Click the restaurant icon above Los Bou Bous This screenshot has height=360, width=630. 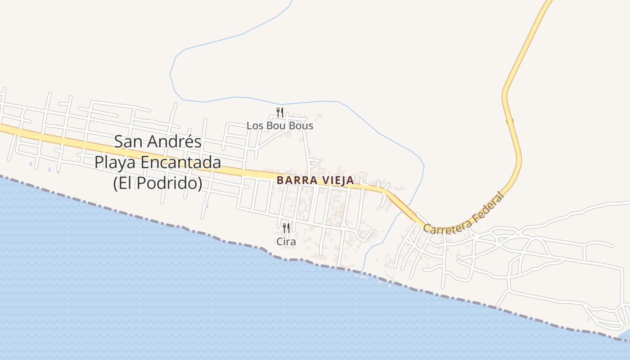pyautogui.click(x=279, y=112)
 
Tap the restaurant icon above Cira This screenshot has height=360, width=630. pyautogui.click(x=286, y=228)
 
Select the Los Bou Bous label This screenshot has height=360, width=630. pyautogui.click(x=279, y=126)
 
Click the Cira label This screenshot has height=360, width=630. pyautogui.click(x=286, y=242)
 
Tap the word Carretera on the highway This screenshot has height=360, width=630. pyautogui.click(x=446, y=227)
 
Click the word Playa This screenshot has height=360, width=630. pyautogui.click(x=116, y=162)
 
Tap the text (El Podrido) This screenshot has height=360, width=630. pyautogui.click(x=157, y=183)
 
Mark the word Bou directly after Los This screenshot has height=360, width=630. pyautogui.click(x=276, y=126)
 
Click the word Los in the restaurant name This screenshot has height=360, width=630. pyautogui.click(x=255, y=126)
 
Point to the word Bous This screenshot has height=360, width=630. pyautogui.click(x=301, y=126)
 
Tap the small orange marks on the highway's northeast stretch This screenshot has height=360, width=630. pyautogui.click(x=510, y=121)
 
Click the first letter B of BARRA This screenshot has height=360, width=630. pyautogui.click(x=280, y=180)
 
